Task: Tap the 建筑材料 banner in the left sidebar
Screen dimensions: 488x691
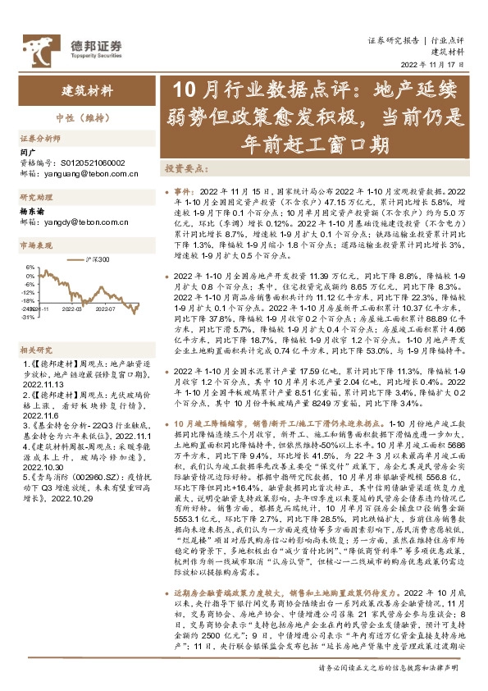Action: pyautogui.click(x=88, y=90)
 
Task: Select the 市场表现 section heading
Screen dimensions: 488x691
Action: pyautogui.click(x=36, y=245)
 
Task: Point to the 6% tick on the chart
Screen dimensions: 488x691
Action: pyautogui.click(x=30, y=267)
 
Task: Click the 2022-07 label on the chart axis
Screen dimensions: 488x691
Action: pyautogui.click(x=128, y=310)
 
